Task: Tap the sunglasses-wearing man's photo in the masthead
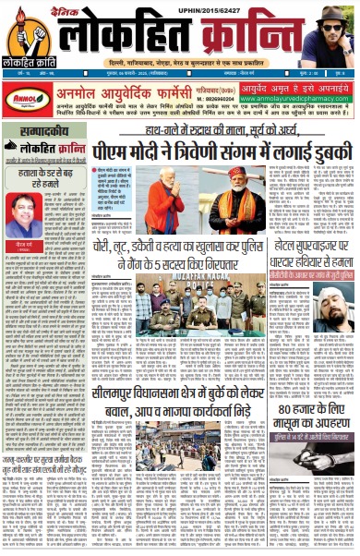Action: tap(336, 31)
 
